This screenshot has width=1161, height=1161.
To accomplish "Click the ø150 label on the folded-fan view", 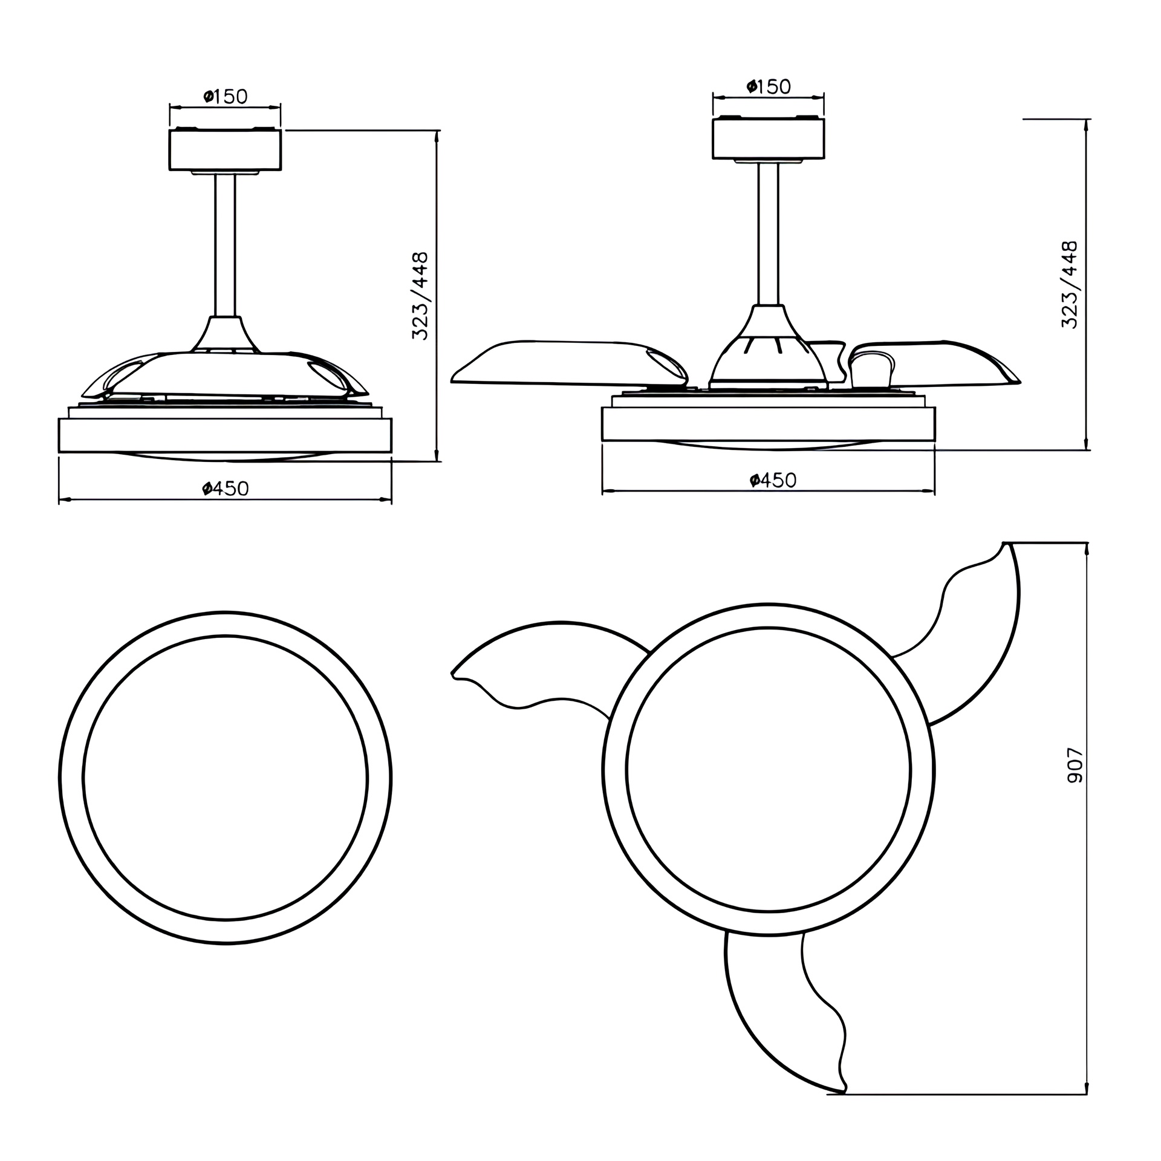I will point(226,96).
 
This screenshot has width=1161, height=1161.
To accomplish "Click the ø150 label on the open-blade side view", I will point(769,86).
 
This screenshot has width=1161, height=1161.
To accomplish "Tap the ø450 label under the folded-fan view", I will point(226,488).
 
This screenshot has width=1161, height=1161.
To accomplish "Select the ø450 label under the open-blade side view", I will point(773,480).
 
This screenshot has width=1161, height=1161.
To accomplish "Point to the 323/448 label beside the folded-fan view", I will point(420,296).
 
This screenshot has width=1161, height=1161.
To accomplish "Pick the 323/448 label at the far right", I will point(1069,284).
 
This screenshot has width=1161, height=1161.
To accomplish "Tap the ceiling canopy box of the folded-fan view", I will point(225,150).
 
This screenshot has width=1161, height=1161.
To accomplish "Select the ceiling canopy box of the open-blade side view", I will point(768,139).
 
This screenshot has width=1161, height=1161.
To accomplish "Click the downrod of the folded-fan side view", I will point(225,245).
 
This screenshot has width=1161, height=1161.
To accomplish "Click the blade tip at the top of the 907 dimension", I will point(1007,544).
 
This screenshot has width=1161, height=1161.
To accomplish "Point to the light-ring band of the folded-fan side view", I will point(225,435).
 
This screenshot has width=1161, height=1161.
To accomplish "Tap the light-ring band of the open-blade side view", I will point(768,424).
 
